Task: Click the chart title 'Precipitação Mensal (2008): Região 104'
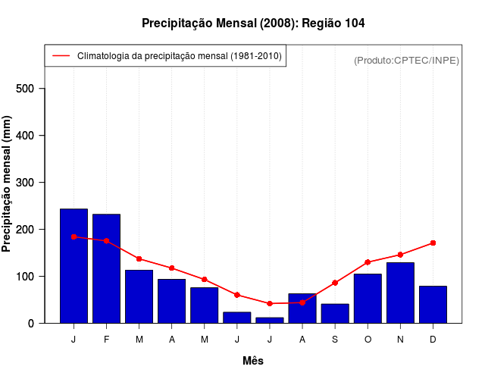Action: (253, 23)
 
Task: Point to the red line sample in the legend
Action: (61, 56)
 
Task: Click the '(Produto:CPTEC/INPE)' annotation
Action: (406, 60)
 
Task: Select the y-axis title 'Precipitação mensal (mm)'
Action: (8, 183)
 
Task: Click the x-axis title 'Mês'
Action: (253, 361)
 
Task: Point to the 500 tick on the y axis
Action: (30, 89)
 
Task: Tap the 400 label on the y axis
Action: (30, 136)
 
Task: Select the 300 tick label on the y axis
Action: (30, 183)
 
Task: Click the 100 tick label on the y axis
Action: (30, 277)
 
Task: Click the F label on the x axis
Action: (106, 340)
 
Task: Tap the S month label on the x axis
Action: (335, 340)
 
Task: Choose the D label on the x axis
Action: (433, 340)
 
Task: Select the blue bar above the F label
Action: (106, 269)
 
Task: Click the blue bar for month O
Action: (368, 299)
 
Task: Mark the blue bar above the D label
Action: (433, 305)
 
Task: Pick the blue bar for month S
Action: (335, 314)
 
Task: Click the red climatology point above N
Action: (400, 255)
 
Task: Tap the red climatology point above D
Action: (433, 243)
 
